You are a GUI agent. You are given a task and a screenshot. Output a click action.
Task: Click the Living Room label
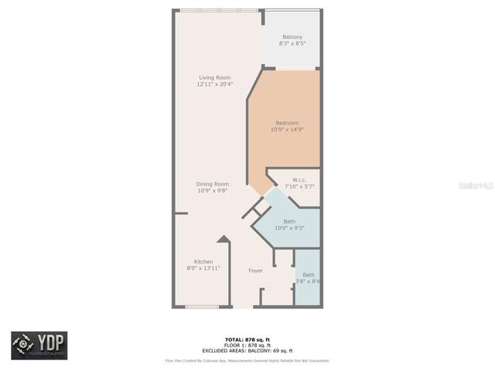coord(215,77)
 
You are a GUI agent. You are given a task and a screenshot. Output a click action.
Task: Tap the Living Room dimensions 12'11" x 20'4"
coord(215,83)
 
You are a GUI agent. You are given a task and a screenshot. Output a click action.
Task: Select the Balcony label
coord(292,37)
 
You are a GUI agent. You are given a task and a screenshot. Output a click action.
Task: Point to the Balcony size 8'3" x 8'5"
coord(292,43)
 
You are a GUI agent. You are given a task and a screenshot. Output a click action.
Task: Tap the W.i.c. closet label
coord(299,180)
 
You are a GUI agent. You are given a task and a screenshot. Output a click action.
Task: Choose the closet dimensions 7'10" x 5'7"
coord(299,186)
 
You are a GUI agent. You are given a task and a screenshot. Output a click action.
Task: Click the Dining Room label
coord(213,183)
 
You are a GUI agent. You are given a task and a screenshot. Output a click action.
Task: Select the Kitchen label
coord(203,261)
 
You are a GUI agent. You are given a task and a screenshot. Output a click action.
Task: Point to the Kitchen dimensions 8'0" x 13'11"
coord(203,267)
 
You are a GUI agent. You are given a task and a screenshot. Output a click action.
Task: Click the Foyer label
coord(255,271)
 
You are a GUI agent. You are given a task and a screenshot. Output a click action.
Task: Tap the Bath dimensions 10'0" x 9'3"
coord(288,228)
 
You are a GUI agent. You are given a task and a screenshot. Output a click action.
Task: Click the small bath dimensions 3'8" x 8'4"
coord(308,281)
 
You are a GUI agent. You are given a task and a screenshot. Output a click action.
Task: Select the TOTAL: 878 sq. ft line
coord(247,340)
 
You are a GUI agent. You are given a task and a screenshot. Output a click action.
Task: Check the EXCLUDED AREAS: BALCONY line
coord(247,350)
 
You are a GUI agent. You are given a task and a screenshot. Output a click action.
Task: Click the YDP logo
coord(39,345)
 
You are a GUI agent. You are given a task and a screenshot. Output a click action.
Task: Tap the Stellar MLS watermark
coord(475,186)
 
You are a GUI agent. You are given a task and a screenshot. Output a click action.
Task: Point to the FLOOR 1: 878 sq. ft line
coord(247,345)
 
